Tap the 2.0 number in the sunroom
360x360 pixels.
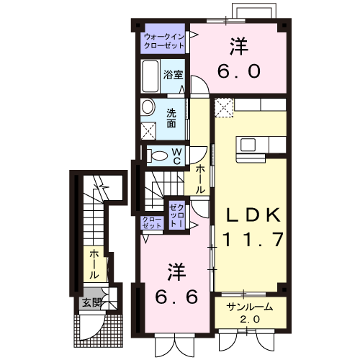(x=249, y=319)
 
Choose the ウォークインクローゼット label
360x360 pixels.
(x=164, y=40)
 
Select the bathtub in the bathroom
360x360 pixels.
(x=150, y=75)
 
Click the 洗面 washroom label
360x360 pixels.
(x=172, y=117)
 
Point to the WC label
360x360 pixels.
(x=176, y=156)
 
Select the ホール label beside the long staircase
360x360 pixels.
(x=93, y=264)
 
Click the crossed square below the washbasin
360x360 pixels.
(x=150, y=131)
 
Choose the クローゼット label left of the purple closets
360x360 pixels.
(x=152, y=223)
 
